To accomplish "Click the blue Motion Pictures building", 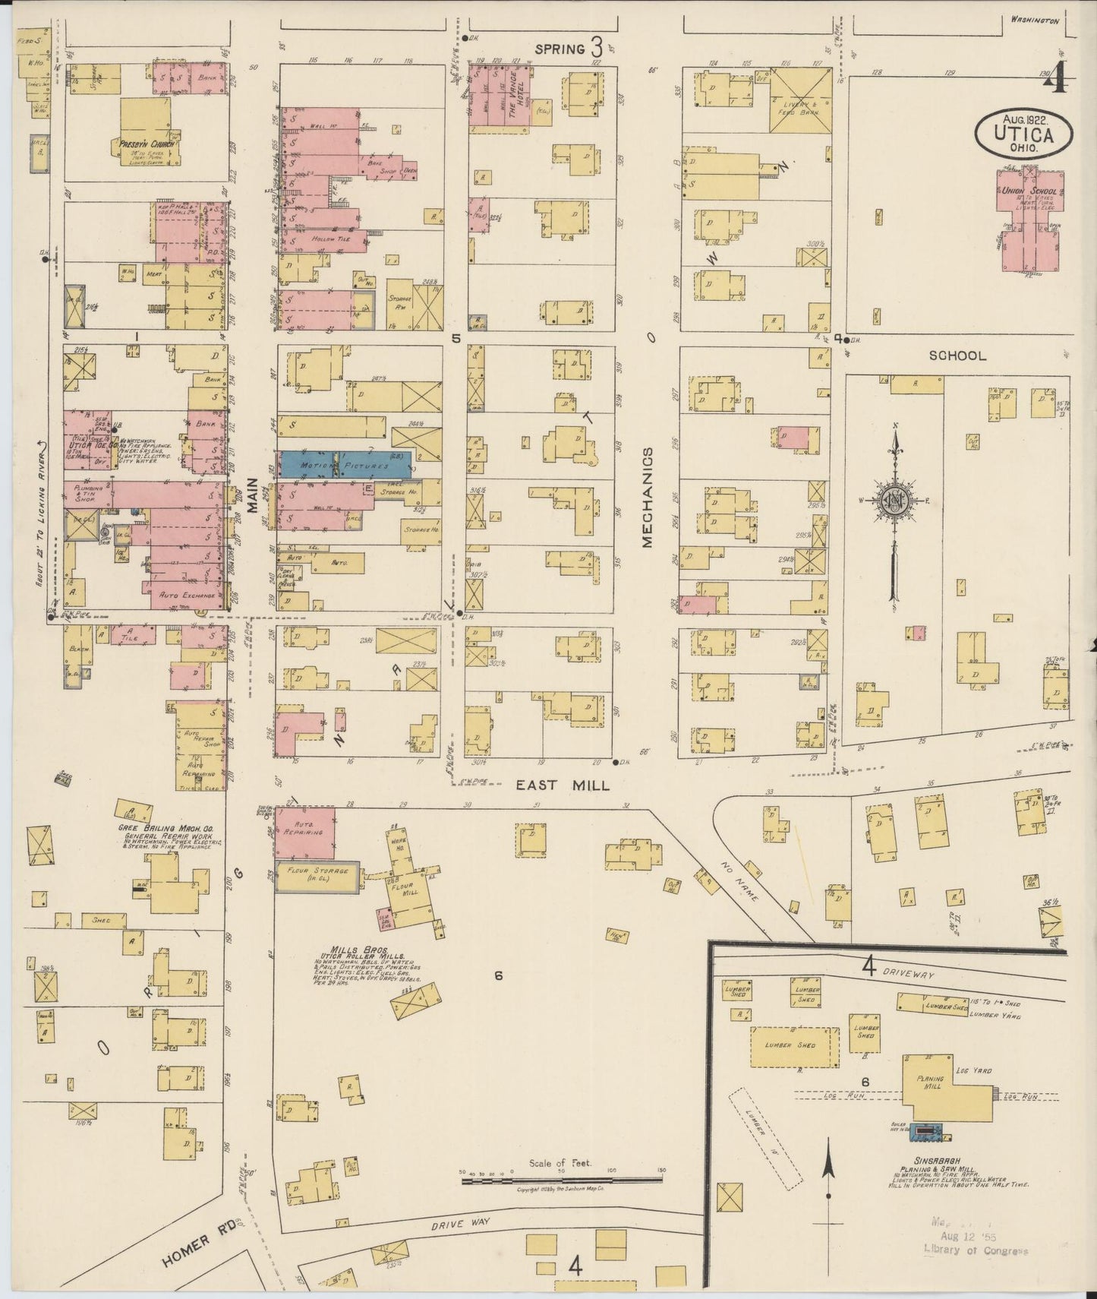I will [345, 464].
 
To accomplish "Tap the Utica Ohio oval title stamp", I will [1024, 133].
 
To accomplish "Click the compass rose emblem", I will [895, 499].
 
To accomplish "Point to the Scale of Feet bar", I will [562, 1180].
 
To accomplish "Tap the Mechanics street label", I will [647, 497].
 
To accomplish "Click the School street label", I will [957, 355].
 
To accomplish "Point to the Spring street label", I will [560, 49].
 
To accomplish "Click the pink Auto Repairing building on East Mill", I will [305, 832].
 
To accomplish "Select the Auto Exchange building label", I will [184, 596].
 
